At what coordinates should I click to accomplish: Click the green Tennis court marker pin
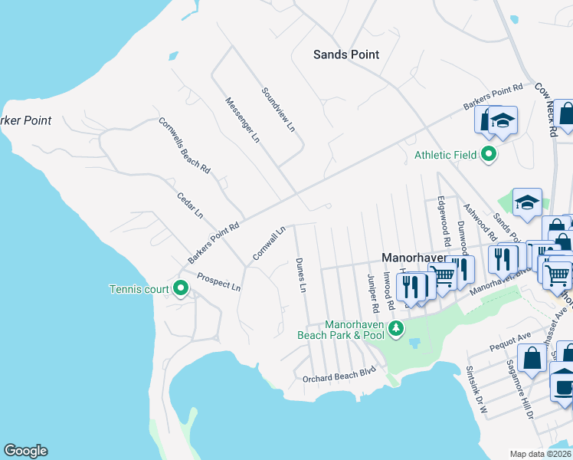[181, 288]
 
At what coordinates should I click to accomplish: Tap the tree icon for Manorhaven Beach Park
[395, 330]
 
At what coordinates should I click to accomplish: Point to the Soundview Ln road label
[278, 110]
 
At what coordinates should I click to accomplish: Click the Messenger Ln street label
[243, 120]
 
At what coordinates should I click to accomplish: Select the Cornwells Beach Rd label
[185, 144]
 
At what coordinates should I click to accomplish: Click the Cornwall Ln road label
[270, 242]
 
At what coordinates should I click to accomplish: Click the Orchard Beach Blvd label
[339, 370]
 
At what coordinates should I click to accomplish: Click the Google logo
[25, 451]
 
